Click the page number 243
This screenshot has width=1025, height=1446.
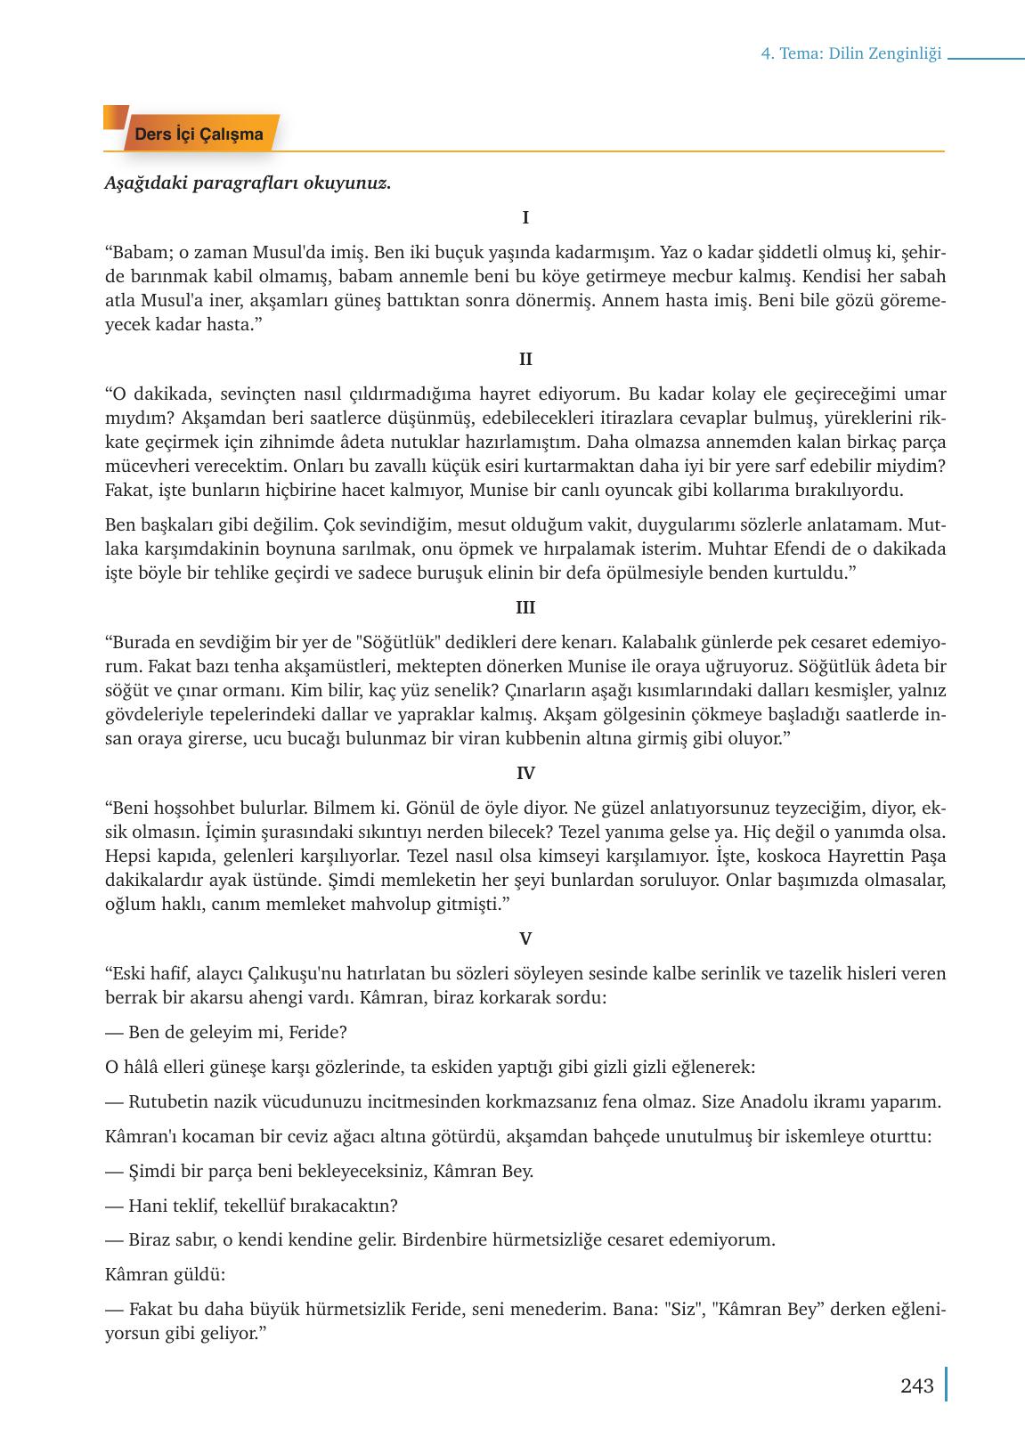pos(916,1385)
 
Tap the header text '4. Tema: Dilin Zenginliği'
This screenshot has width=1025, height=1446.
pos(850,54)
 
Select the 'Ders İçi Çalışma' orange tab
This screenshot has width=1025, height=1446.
pos(199,134)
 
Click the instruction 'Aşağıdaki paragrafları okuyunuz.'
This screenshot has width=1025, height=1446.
pos(248,184)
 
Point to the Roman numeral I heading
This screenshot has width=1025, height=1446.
pos(525,218)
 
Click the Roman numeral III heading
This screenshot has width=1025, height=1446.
pos(525,608)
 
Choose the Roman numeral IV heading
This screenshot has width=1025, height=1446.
pos(525,774)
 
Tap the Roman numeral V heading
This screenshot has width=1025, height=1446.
pos(525,938)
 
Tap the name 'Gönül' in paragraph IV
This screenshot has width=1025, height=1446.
pos(430,808)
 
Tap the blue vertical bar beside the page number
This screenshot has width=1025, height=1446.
pos(945,1385)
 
